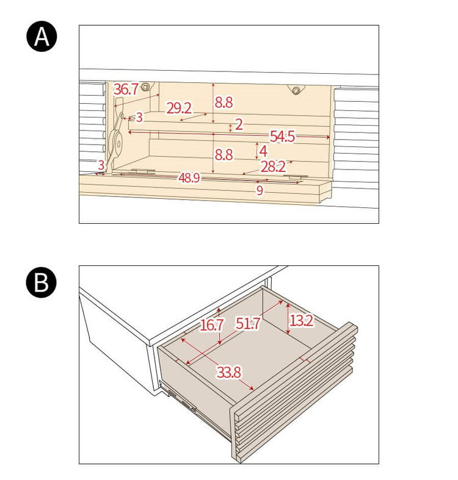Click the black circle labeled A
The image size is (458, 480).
(42, 36)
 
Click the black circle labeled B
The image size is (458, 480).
(42, 282)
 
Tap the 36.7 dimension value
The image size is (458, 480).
(126, 89)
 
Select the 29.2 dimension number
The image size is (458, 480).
(179, 108)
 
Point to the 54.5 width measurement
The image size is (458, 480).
(282, 136)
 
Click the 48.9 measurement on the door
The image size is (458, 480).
(189, 177)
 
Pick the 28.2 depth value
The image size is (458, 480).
(273, 167)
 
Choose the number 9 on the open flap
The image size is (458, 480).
(260, 190)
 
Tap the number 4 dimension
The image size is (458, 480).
(263, 151)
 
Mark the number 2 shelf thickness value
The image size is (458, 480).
(239, 124)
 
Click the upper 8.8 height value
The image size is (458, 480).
(224, 102)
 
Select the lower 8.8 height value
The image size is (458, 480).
(224, 155)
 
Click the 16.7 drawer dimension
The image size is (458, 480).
(211, 325)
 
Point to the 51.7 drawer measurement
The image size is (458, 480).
(248, 323)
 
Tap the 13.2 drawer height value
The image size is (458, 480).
(301, 321)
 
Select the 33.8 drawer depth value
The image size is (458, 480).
(229, 372)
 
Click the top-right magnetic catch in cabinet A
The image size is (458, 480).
(296, 90)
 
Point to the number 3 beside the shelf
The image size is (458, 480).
(139, 117)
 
